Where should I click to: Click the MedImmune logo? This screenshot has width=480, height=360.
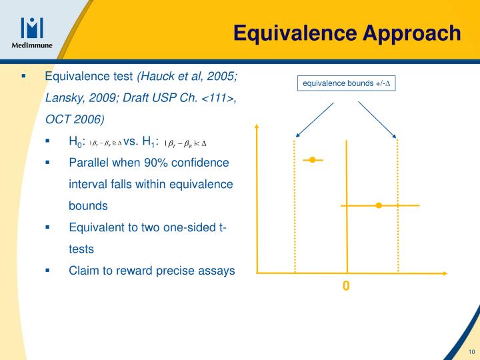click(x=32, y=32)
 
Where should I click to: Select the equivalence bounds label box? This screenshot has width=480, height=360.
click(x=347, y=83)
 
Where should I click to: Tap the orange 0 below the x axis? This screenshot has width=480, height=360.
click(x=346, y=286)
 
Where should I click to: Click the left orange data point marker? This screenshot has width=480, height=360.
click(x=311, y=160)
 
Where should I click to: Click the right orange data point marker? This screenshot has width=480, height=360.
click(x=379, y=205)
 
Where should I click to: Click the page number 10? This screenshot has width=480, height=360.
click(x=471, y=352)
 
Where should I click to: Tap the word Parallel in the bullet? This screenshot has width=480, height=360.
click(x=89, y=163)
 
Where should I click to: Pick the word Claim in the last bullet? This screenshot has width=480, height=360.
click(x=83, y=271)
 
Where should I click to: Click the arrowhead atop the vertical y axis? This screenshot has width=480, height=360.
click(x=255, y=127)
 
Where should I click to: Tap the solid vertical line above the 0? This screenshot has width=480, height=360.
click(x=346, y=220)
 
